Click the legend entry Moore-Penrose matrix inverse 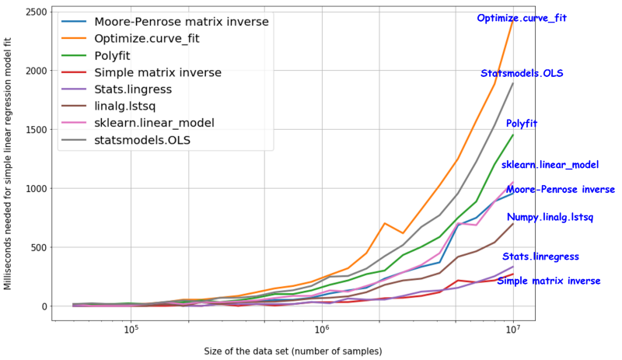point(180,22)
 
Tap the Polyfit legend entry point(123,56)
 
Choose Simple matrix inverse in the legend point(158,72)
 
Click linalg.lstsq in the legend point(128,107)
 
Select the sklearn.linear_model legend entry point(155,123)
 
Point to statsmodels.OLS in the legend point(143,140)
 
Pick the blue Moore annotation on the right point(521,190)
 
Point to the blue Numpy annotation point(522,217)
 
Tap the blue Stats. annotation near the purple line point(519,257)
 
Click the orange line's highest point point(513,19)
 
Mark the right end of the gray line point(513,82)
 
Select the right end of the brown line point(513,224)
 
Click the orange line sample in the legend point(75,39)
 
